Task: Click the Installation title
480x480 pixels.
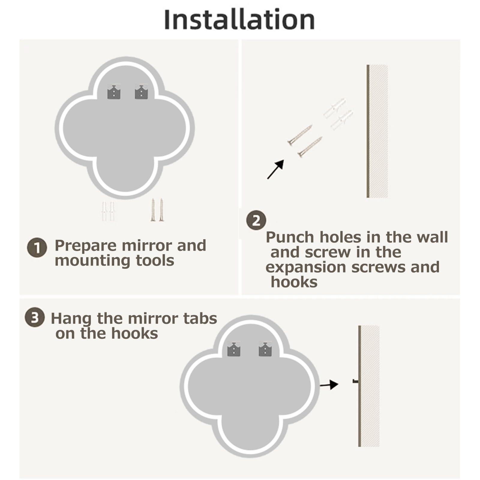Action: point(239,20)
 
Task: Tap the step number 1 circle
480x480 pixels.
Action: point(37,248)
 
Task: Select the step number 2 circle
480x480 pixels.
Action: point(256,220)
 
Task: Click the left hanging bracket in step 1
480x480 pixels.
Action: point(114,92)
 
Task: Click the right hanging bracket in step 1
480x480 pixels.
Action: point(141,92)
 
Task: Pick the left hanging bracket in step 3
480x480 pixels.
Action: point(234,349)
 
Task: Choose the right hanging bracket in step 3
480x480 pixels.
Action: point(265,349)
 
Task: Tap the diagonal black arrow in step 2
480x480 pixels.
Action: point(275,169)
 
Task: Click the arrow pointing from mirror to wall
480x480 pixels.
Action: point(329,384)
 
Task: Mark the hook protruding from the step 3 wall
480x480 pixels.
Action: point(355,381)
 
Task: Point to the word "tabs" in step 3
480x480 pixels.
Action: point(200,318)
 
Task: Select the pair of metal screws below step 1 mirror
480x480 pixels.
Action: point(157,210)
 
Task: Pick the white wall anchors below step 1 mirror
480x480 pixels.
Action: point(108,211)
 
